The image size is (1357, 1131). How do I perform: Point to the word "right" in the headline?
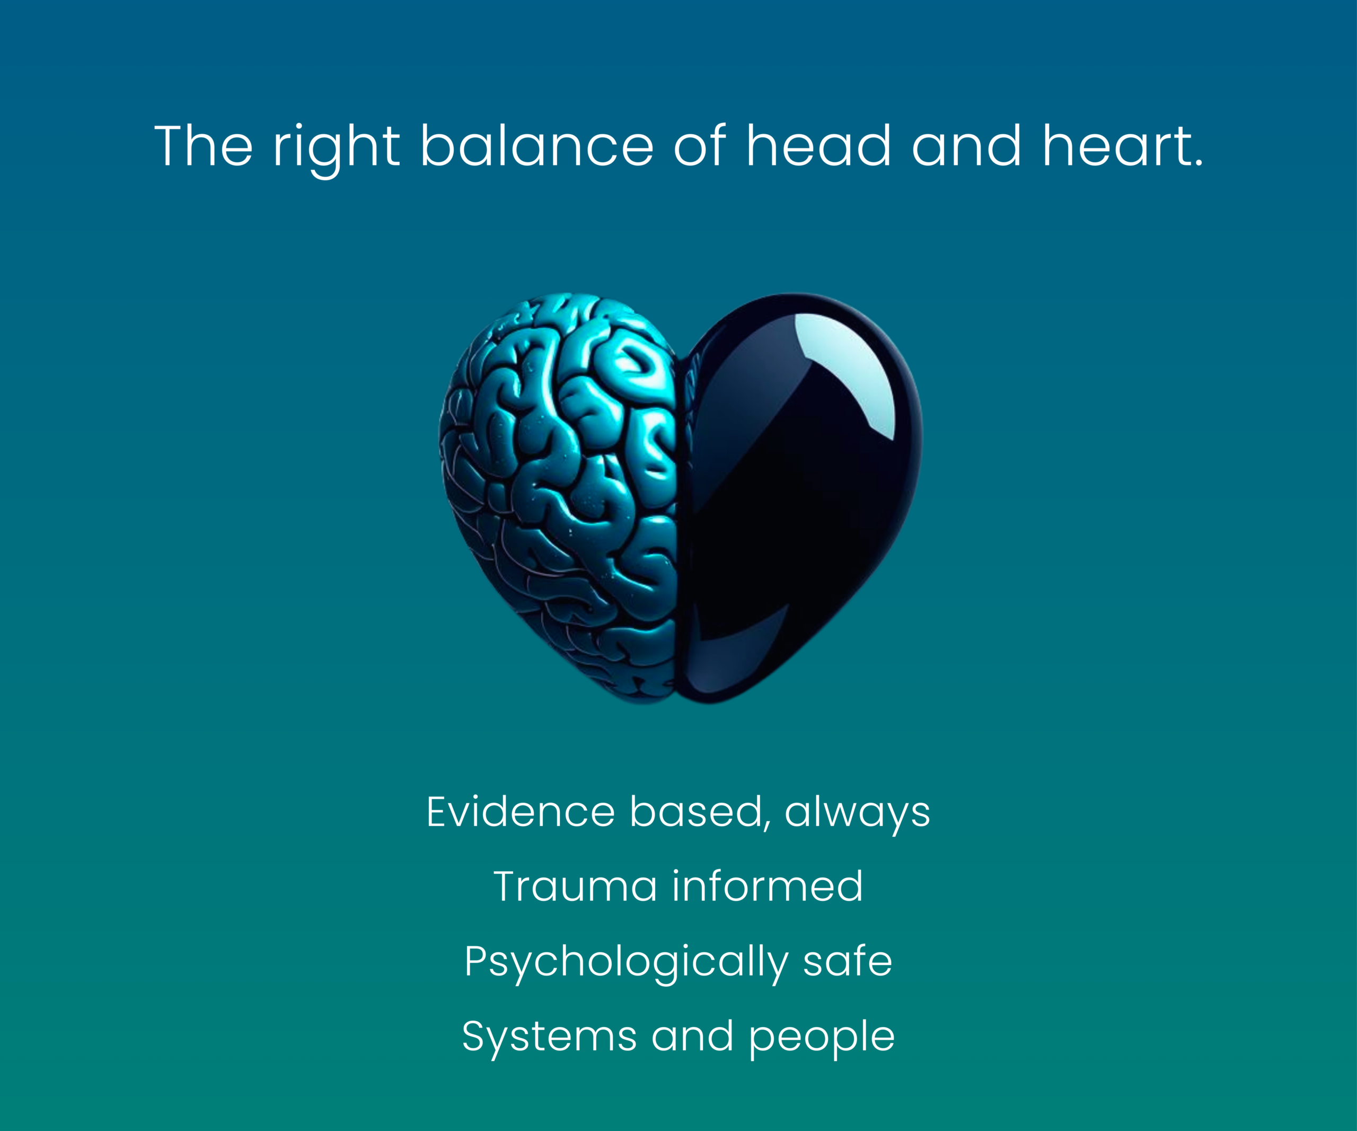336,150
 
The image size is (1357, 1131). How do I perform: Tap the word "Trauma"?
575,886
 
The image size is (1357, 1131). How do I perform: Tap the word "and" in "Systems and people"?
693,1036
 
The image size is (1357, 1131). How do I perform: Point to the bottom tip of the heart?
675,703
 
